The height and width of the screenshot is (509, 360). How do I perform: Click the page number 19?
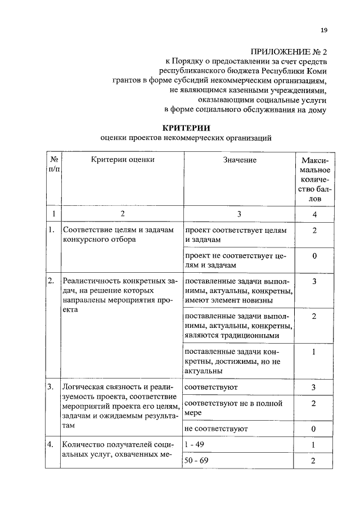tap(324, 30)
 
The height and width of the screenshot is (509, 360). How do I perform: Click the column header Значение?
tap(239, 160)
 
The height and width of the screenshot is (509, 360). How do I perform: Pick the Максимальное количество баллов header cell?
tap(315, 179)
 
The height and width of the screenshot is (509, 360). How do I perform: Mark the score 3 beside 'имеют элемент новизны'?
tap(315, 281)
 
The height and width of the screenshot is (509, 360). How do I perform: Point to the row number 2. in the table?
tap(51, 281)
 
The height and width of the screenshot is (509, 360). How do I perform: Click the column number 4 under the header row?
tap(315, 214)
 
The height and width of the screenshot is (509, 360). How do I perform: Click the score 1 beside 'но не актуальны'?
tap(315, 352)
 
